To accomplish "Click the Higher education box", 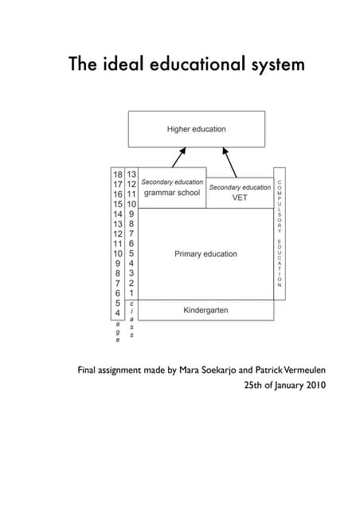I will point(196,129).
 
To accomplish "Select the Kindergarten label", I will point(205,309).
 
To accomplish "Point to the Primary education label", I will point(205,254).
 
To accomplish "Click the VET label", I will point(240,198).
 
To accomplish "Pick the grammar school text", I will point(172,193).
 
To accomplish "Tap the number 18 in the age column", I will point(118,175).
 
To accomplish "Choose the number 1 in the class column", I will point(131,293).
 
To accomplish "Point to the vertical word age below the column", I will point(118,333).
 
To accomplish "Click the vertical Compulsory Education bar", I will point(279,233).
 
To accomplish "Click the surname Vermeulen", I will point(300,371).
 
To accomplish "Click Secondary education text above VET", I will point(240,187).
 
